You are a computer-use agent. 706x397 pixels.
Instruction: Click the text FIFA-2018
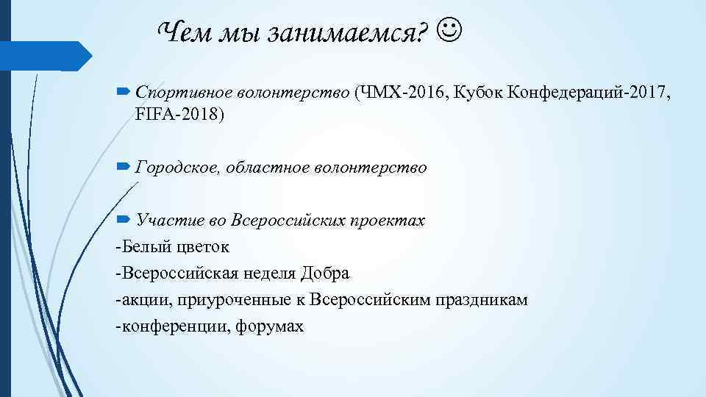coord(181,115)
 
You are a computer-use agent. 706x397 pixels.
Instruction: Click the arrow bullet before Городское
coord(123,168)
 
